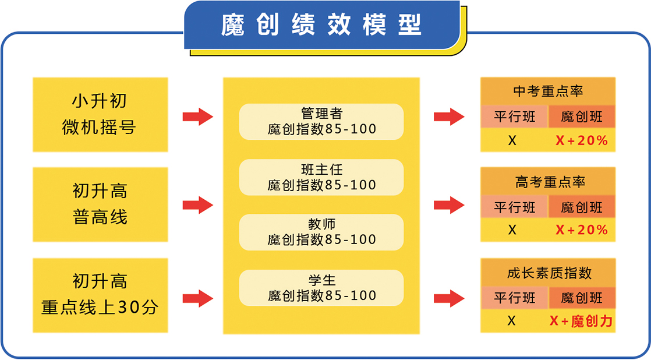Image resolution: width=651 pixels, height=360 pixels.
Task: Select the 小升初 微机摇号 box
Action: [100, 114]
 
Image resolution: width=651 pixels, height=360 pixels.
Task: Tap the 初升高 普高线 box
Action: [100, 204]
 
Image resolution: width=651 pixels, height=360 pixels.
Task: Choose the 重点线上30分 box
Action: [100, 295]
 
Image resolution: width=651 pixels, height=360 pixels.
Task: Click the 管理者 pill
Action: [321, 121]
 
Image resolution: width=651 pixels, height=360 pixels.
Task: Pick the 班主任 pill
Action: [321, 177]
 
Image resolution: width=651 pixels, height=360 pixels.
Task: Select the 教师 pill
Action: [321, 232]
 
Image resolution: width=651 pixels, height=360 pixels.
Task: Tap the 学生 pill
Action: [321, 288]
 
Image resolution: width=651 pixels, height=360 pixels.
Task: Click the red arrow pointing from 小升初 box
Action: [197, 117]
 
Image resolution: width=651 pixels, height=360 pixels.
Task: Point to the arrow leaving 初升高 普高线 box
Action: [197, 205]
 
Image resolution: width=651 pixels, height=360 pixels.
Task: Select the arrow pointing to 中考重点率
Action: [449, 117]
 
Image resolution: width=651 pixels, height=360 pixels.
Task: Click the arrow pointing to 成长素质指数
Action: [449, 298]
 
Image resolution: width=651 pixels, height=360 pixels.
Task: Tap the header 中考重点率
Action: [548, 91]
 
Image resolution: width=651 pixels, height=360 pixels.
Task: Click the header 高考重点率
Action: [548, 182]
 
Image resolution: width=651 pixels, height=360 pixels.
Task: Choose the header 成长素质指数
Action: [548, 273]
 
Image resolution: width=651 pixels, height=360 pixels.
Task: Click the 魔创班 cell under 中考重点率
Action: [582, 117]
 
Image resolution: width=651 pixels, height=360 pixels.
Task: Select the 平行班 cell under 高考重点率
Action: [514, 207]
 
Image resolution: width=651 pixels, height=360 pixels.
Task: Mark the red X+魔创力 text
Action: [581, 321]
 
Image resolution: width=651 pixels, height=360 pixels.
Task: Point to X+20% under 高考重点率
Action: [581, 230]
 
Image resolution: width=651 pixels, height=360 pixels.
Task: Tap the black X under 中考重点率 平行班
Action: [512, 140]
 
